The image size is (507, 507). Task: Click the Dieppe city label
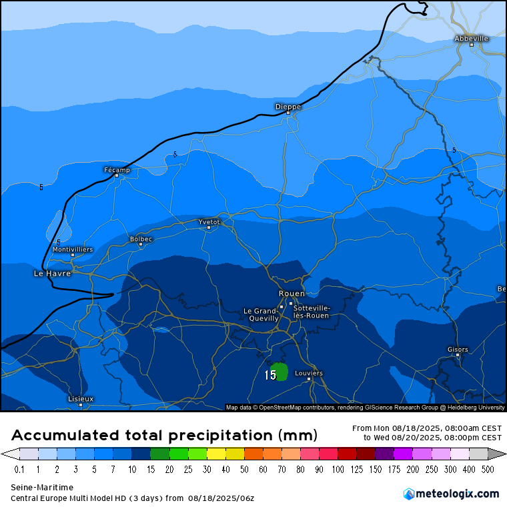pos(288,107)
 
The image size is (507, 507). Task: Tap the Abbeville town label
pos(471,39)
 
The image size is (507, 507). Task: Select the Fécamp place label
pos(117,170)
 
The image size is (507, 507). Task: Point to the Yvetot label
pos(209,221)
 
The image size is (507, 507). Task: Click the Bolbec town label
pos(141,239)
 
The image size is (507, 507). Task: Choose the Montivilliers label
pos(73,249)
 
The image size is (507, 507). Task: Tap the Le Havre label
pos(52,274)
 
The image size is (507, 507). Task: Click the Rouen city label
pos(292,294)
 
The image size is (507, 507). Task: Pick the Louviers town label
pos(309,373)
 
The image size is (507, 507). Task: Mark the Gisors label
pos(458,350)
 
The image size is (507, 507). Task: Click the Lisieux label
pos(81,399)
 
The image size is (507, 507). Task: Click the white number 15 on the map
pos(270,376)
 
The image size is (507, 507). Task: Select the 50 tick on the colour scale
pos(243,470)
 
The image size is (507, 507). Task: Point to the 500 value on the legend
pos(488,470)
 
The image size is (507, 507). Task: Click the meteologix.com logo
pos(451,494)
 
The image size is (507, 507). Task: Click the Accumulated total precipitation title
pos(163,436)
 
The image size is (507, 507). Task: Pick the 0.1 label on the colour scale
pos(19,470)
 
